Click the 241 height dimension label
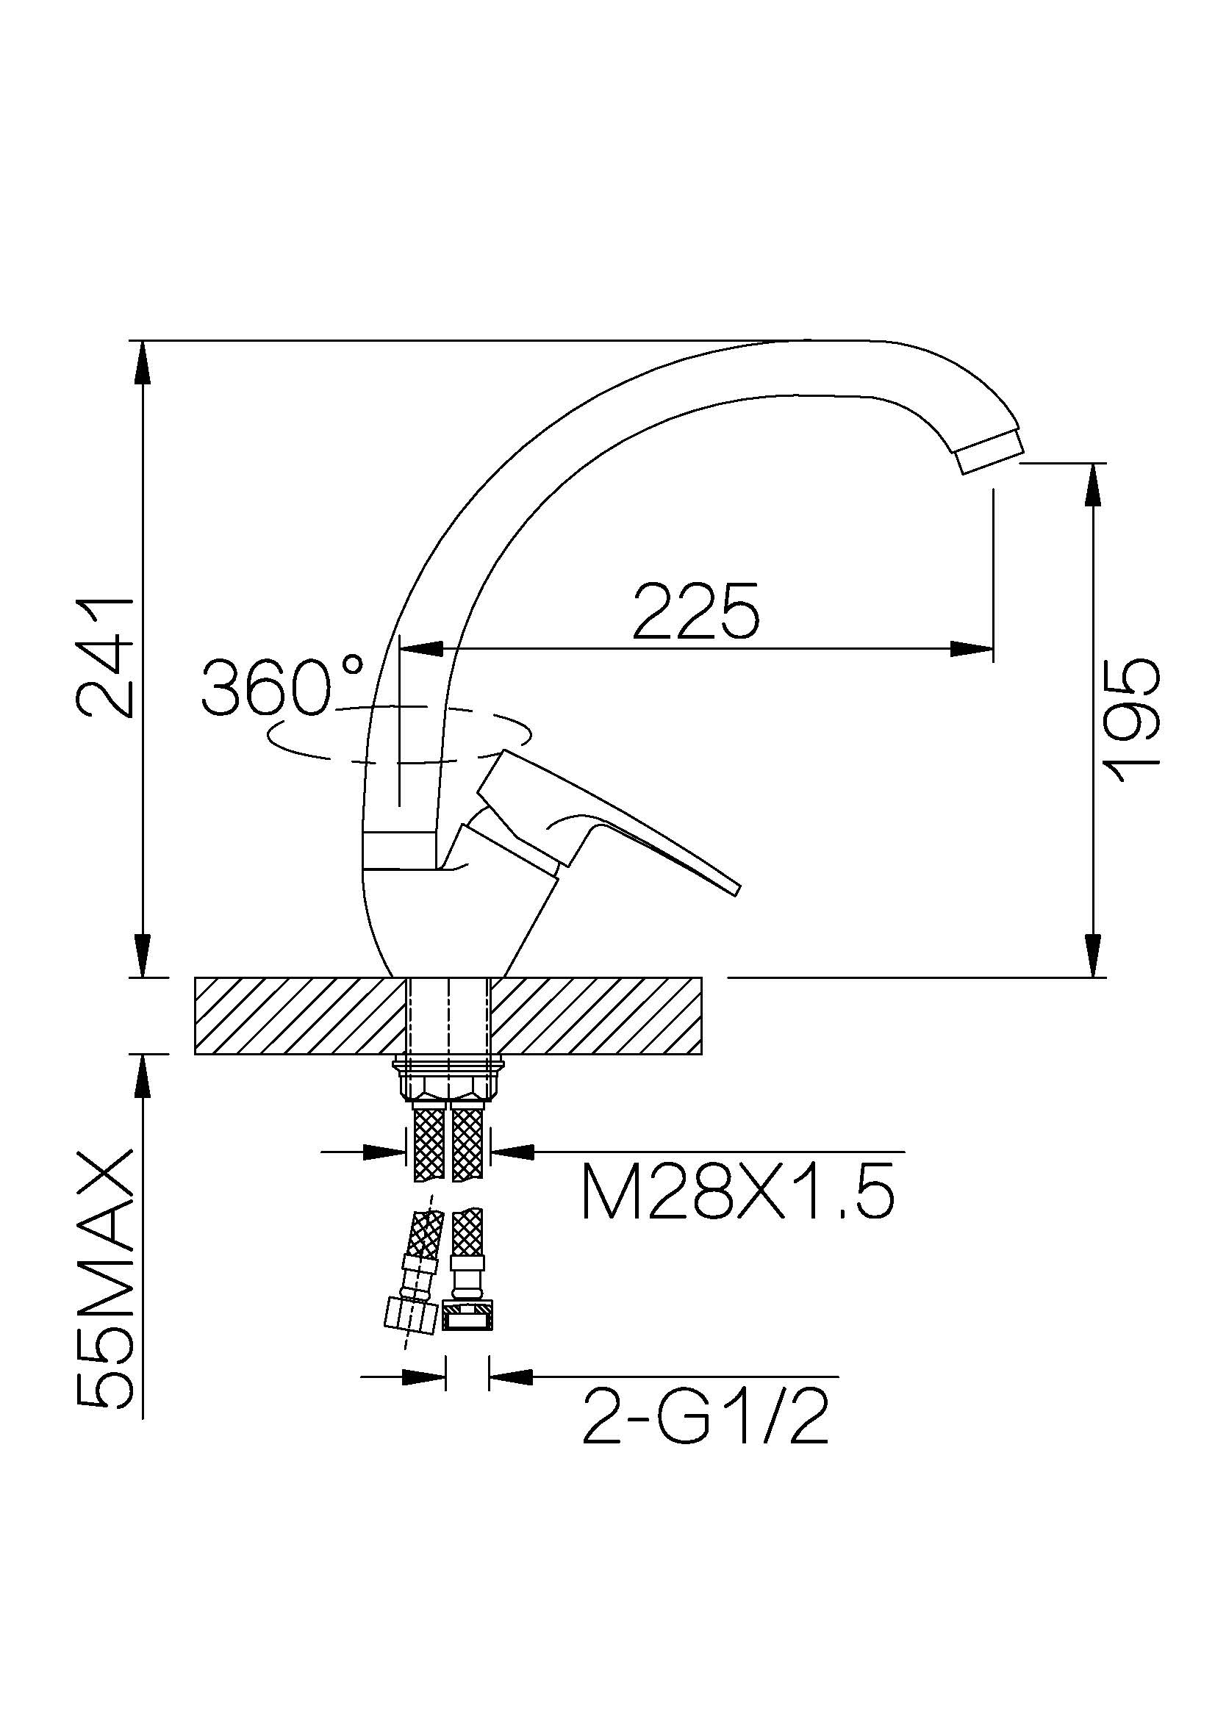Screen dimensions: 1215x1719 pyautogui.click(x=105, y=657)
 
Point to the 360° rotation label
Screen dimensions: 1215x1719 pyautogui.click(x=282, y=686)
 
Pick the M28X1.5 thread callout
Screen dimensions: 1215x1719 pyautogui.click(x=737, y=1193)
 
